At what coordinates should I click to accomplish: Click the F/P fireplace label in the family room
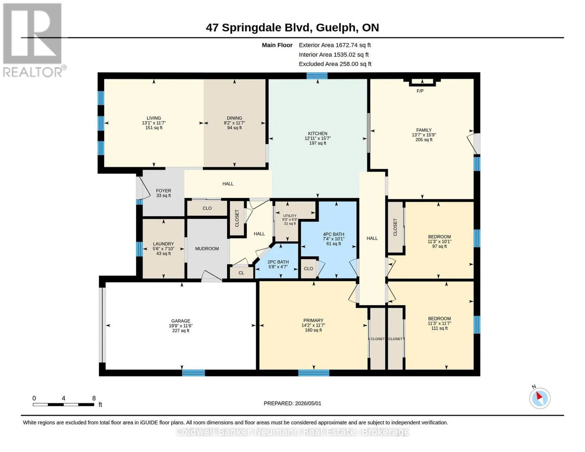tap(420, 91)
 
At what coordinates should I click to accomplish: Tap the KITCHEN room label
tap(318, 133)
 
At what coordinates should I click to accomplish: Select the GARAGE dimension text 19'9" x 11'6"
tap(181, 326)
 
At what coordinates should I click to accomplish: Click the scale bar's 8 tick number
tap(94, 398)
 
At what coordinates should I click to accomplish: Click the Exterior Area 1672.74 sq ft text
tap(335, 45)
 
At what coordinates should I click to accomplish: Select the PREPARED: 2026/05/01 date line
tap(292, 403)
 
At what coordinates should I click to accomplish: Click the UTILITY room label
tap(289, 216)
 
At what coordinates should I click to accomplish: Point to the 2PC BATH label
tap(278, 262)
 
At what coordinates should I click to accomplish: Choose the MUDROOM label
tap(207, 249)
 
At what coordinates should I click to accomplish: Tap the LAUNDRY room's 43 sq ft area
tap(163, 253)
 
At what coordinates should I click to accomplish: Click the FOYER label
tap(163, 191)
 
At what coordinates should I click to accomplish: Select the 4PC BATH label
tap(334, 234)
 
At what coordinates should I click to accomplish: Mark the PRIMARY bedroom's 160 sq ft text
tap(313, 330)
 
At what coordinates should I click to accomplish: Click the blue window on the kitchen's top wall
tap(317, 76)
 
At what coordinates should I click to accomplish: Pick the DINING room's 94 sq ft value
tap(234, 128)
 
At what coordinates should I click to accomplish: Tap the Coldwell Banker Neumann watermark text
tap(292, 432)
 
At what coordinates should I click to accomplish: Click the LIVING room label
tap(154, 118)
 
